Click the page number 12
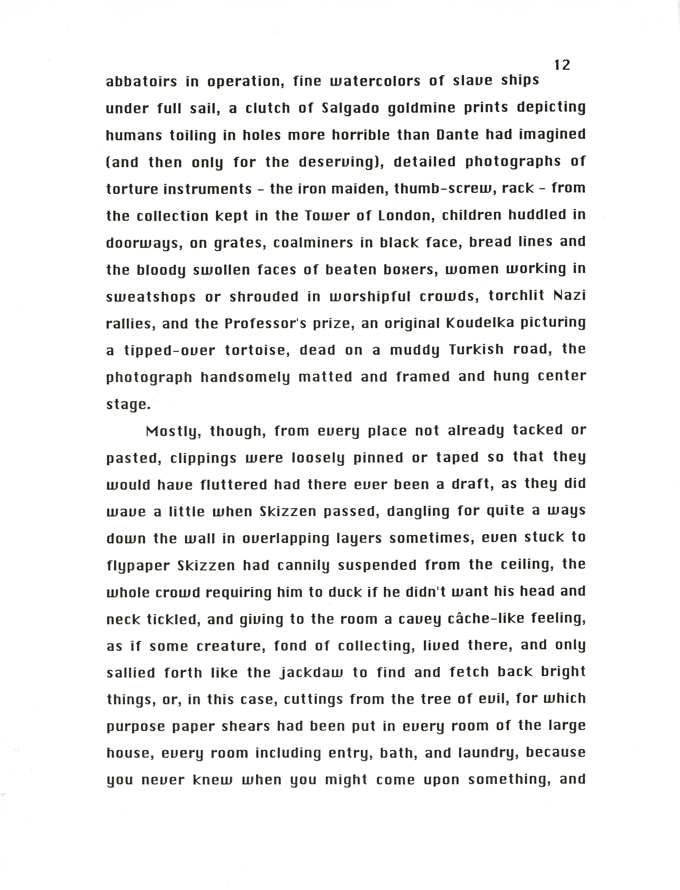pos(562,65)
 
